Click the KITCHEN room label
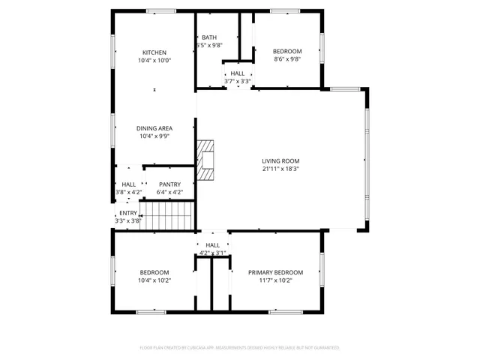(154, 52)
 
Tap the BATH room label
(208, 37)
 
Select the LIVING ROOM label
(280, 160)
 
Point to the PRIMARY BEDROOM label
(275, 272)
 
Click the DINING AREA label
(154, 128)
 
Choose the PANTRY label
(169, 184)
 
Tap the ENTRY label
(128, 213)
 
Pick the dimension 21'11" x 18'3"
(280, 169)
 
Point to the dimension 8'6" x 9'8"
(286, 60)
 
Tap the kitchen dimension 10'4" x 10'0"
(154, 61)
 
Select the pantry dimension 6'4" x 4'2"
(169, 193)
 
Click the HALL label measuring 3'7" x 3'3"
(238, 73)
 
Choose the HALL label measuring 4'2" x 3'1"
(213, 244)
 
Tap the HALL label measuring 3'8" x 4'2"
(128, 184)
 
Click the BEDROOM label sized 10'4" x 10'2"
(154, 272)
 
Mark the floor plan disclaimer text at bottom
(240, 348)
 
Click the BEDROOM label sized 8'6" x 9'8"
(286, 52)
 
